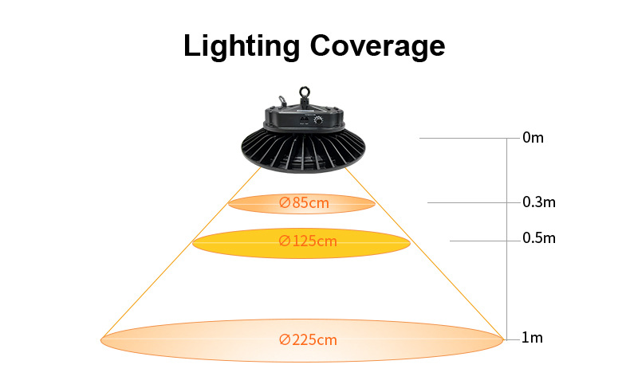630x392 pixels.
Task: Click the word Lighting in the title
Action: coord(242,47)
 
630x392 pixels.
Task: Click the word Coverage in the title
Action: coord(377,47)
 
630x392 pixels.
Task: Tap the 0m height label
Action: coord(533,138)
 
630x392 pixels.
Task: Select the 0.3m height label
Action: coord(539,202)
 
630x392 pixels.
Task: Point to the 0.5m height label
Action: coord(539,238)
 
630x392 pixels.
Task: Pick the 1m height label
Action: coord(532,338)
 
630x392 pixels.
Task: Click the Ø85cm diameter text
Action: coord(304,202)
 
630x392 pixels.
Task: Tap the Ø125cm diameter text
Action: coord(308,241)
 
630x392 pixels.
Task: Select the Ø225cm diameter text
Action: coord(308,340)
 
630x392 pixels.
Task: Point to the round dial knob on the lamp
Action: coord(319,120)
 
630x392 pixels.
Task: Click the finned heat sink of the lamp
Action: coord(303,151)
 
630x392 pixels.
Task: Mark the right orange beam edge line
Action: coord(424,253)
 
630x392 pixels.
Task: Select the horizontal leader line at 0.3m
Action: coord(474,202)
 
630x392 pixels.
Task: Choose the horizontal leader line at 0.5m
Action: coord(485,241)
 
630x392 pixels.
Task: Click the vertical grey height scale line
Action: coord(507,239)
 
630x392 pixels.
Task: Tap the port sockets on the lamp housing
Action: coord(304,120)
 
